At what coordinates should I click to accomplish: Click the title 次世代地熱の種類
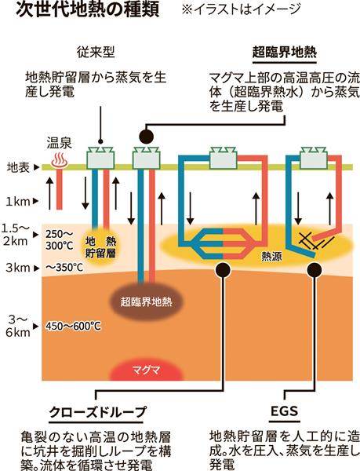point(87,9)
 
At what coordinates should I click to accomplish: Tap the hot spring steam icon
point(60,160)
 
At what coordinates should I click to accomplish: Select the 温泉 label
point(59,144)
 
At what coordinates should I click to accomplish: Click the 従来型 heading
point(96,53)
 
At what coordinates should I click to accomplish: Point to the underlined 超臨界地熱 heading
point(284,53)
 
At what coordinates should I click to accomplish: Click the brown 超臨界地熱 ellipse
point(147,301)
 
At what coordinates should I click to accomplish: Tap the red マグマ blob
point(146,370)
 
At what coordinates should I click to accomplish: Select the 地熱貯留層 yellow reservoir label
point(100,247)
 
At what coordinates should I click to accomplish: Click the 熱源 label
point(271,256)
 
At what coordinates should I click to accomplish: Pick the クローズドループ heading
point(98,412)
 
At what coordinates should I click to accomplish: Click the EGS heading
point(284,411)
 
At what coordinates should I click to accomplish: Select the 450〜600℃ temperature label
point(73,327)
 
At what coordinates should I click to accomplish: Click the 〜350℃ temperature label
point(64,268)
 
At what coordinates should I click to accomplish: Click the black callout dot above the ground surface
point(147,137)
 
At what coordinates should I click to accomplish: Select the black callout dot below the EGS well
point(315,270)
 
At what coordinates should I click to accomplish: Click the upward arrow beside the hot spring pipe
point(50,192)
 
